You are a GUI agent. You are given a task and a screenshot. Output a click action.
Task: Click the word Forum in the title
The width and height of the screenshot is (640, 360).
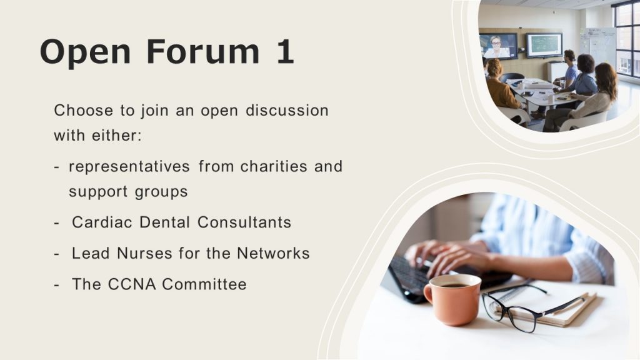[203, 51]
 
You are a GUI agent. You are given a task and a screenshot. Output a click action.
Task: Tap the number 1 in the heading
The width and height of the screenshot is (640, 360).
[285, 51]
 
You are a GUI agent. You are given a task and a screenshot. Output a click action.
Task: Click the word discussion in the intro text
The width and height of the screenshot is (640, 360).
[287, 110]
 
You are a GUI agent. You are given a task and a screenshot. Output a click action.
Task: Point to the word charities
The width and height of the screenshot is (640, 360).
[274, 166]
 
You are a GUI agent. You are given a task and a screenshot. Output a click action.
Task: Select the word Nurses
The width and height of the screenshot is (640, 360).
[144, 253]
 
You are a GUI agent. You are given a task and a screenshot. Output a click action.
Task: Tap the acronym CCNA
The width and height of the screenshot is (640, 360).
[132, 284]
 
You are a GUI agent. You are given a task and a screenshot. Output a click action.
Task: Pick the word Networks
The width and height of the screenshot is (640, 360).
[273, 253]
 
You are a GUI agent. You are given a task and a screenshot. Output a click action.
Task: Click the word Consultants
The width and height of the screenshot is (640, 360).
[244, 222]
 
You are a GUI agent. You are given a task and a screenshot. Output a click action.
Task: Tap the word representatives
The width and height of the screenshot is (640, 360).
[129, 166]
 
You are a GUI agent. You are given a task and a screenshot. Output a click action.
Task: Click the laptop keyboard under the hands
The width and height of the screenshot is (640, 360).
[412, 276]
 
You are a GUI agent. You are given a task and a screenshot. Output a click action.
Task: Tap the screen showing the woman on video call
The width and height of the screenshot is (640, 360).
[498, 46]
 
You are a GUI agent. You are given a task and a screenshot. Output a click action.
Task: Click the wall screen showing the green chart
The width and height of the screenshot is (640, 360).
[544, 45]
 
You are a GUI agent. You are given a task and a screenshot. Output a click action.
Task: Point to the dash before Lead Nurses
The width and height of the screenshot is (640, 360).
[56, 254]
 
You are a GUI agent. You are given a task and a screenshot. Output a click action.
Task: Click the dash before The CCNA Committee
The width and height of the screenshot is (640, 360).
[56, 285]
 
